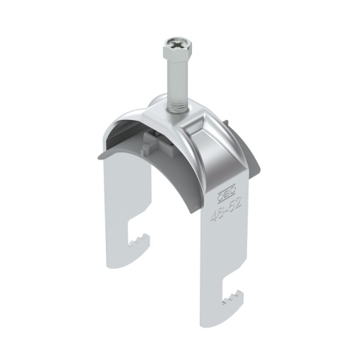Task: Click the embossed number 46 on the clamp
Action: point(214,212)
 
